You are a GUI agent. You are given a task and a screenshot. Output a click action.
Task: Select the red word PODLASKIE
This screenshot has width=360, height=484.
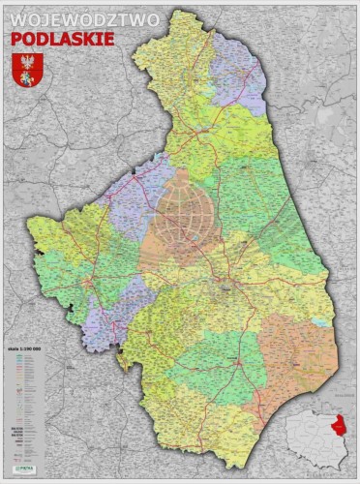(62, 38)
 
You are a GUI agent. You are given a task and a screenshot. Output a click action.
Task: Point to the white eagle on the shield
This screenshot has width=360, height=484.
(26, 64)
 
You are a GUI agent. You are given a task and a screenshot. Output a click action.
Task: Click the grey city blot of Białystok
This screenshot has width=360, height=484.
(225, 285)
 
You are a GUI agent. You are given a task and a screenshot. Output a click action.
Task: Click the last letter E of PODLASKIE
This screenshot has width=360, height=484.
(108, 38)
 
